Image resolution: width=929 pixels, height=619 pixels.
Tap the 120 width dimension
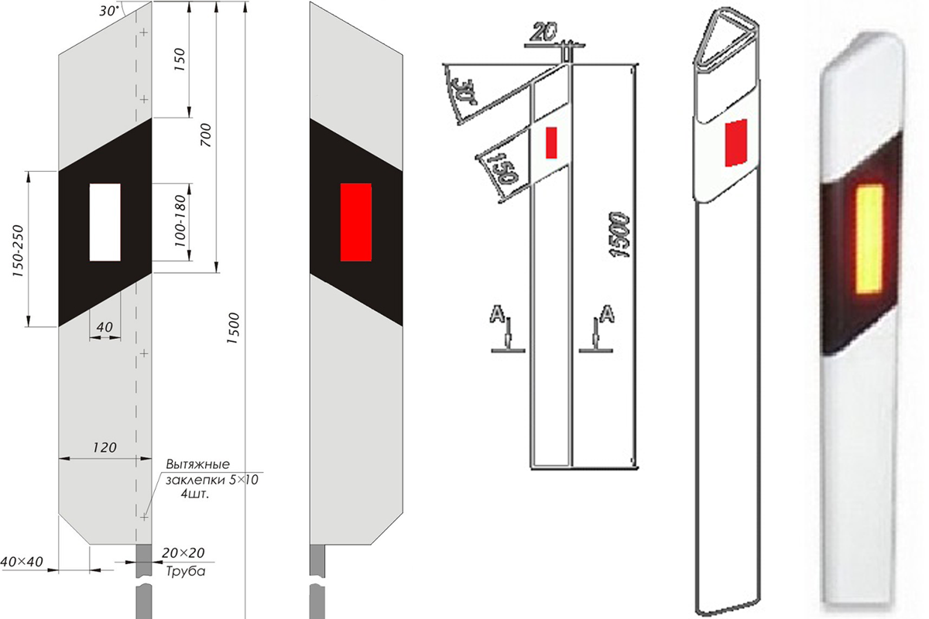tap(105, 447)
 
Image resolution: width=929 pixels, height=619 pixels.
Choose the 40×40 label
tap(19, 560)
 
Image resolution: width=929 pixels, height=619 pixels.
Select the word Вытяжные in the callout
tap(197, 464)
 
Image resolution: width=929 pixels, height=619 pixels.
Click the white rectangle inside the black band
tap(105, 222)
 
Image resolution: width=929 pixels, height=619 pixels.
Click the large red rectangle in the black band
tap(356, 222)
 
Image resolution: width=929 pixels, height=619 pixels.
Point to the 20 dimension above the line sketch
tap(544, 33)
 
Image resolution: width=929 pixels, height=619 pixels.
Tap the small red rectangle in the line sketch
tap(551, 142)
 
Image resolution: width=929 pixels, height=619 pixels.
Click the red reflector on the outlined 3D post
tap(735, 142)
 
